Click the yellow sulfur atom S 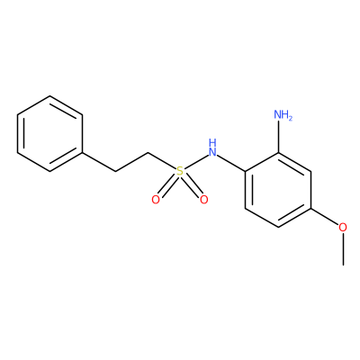(x=180, y=171)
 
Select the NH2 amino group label (x=283, y=115)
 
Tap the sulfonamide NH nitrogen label (x=212, y=148)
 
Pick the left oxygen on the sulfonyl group (x=156, y=200)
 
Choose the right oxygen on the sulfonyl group (x=204, y=200)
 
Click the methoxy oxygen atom (x=343, y=227)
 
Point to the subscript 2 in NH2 (x=290, y=118)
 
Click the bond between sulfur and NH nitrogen (x=196, y=162)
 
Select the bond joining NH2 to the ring (x=279, y=138)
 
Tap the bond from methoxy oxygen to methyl (x=343, y=248)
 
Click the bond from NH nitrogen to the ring (x=231, y=164)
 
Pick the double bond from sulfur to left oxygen (x=167, y=185)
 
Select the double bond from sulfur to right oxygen (x=192, y=185)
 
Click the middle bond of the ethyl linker (x=131, y=162)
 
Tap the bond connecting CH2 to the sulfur (x=162, y=161)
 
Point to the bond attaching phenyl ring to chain (x=99, y=162)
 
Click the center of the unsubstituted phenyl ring (x=50, y=134)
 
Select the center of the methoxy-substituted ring (x=278, y=190)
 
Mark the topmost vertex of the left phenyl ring (x=50, y=96)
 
